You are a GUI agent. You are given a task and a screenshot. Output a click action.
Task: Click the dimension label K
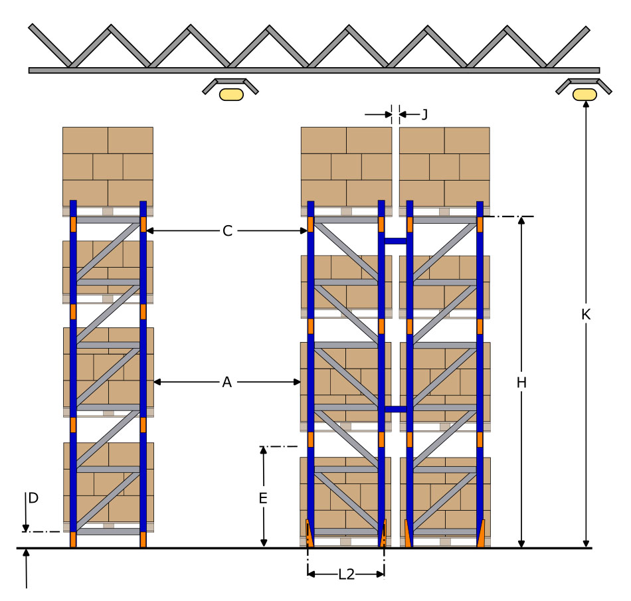click(586, 314)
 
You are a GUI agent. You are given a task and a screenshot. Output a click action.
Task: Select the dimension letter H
click(521, 383)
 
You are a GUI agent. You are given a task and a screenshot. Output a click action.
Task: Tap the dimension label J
click(424, 115)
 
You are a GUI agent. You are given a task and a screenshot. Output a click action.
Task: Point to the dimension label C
click(227, 231)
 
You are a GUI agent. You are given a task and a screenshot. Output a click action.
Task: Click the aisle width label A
click(227, 382)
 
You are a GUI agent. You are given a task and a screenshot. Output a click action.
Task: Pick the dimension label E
click(263, 499)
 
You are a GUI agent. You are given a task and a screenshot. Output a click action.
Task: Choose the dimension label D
click(33, 498)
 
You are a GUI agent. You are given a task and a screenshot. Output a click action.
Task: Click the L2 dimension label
click(346, 574)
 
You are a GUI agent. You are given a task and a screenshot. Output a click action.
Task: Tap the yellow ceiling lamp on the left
click(231, 94)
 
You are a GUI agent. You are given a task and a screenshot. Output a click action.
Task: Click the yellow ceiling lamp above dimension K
click(585, 94)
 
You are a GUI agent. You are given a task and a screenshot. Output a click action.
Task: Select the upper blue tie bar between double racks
click(396, 241)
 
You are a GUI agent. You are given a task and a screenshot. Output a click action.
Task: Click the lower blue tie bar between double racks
click(396, 409)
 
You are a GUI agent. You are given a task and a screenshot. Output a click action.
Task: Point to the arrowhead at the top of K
click(586, 104)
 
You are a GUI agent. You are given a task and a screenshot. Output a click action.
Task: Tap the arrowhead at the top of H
click(521, 220)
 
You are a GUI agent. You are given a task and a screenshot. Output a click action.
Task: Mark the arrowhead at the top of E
click(263, 450)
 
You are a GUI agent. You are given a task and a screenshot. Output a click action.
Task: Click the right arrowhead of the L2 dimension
click(381, 574)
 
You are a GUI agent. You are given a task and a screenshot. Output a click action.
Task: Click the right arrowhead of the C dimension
click(304, 230)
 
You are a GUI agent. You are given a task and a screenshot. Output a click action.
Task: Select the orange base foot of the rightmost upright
click(480, 533)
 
